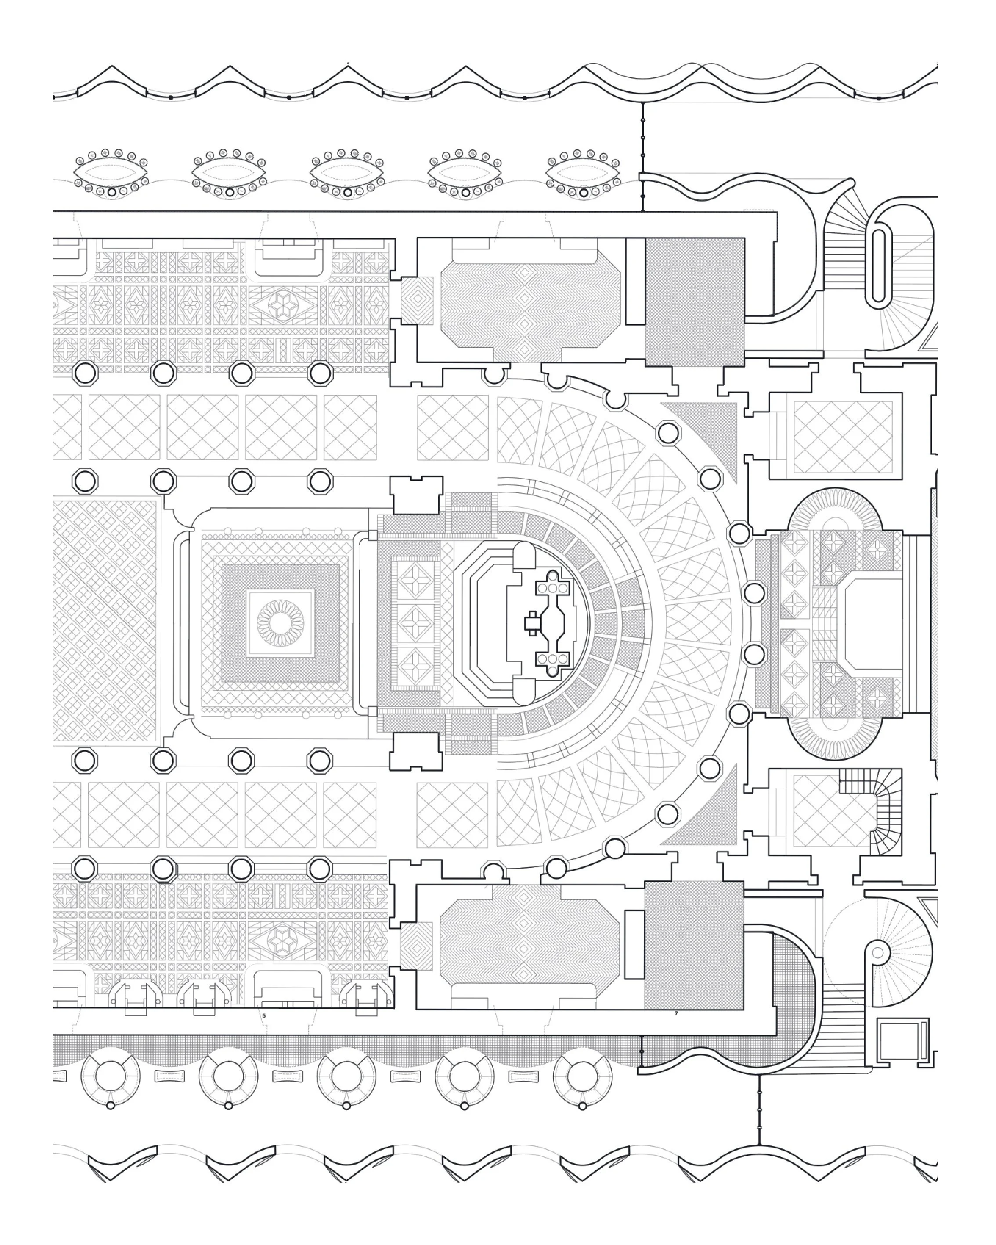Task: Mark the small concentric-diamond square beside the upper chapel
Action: point(417,301)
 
